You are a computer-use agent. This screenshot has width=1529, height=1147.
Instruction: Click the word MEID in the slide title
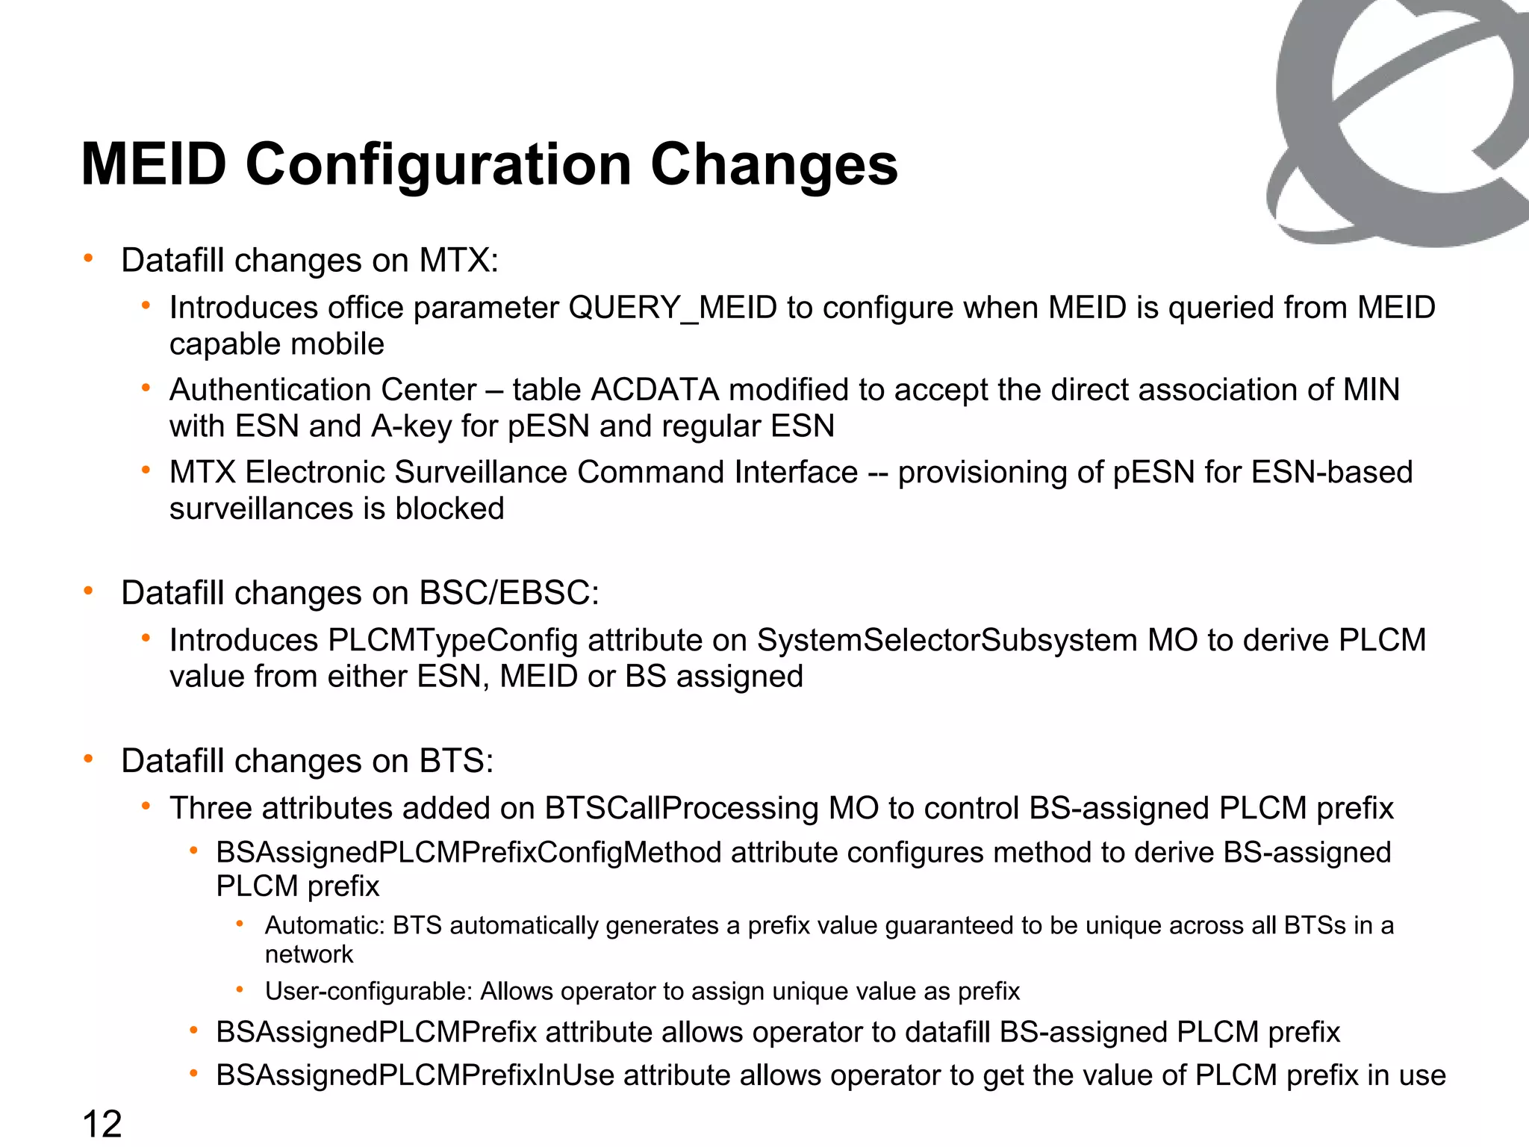[154, 164]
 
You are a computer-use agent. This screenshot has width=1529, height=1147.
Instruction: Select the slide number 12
[102, 1125]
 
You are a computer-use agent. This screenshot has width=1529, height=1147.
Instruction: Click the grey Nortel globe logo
[1396, 119]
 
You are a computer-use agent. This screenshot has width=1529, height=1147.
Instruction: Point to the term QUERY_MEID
[673, 308]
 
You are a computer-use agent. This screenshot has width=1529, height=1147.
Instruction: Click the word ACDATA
[655, 390]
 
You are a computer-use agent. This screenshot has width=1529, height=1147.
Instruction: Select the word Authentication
[270, 390]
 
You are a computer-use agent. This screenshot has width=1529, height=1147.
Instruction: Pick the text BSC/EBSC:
[509, 593]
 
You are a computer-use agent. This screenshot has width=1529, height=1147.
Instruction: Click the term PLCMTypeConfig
[453, 640]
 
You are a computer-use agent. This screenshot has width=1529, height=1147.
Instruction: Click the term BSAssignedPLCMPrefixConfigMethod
[469, 852]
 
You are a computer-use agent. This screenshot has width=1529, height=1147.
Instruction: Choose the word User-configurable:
[369, 991]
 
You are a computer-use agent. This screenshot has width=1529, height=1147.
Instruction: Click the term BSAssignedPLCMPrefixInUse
[415, 1075]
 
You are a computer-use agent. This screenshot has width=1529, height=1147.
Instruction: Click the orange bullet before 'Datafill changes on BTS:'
[89, 759]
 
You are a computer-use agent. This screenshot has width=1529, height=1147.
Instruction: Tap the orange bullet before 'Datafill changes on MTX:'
[89, 258]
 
